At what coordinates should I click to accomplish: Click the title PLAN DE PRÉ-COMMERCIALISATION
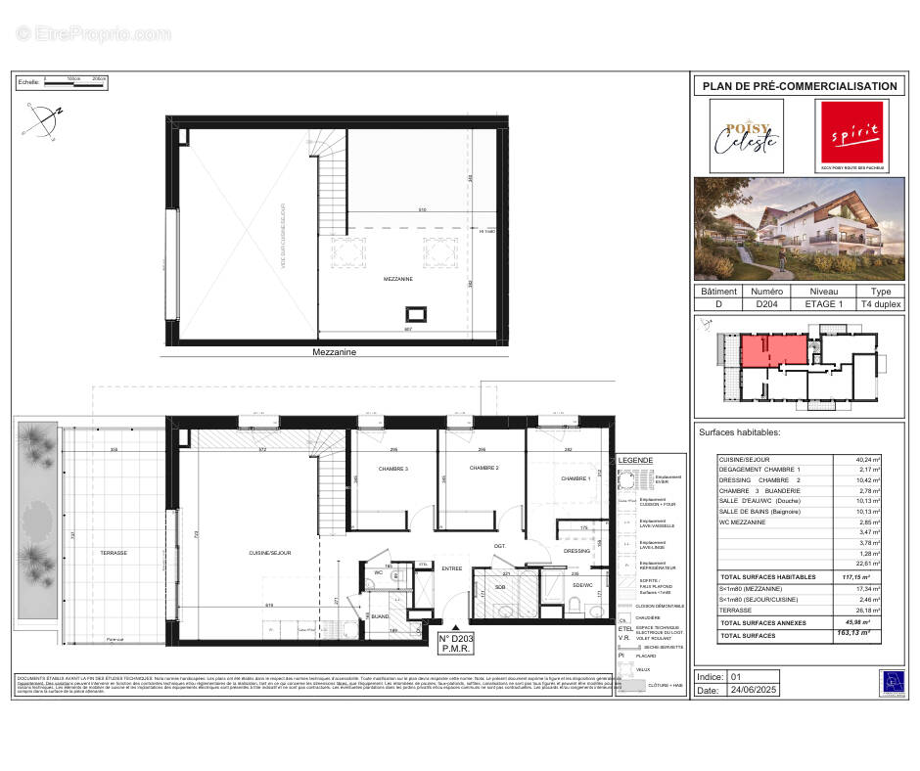799,86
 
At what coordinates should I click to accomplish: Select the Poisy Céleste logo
746,136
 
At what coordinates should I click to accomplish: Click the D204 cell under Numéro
766,304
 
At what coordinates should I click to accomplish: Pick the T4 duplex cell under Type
880,304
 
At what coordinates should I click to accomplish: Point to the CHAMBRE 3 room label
391,469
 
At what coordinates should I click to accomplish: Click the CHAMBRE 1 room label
575,478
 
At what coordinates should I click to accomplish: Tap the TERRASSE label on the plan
114,553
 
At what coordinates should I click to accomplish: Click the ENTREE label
451,568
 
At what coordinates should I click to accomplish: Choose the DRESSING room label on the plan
577,551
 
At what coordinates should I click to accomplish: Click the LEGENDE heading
637,461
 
